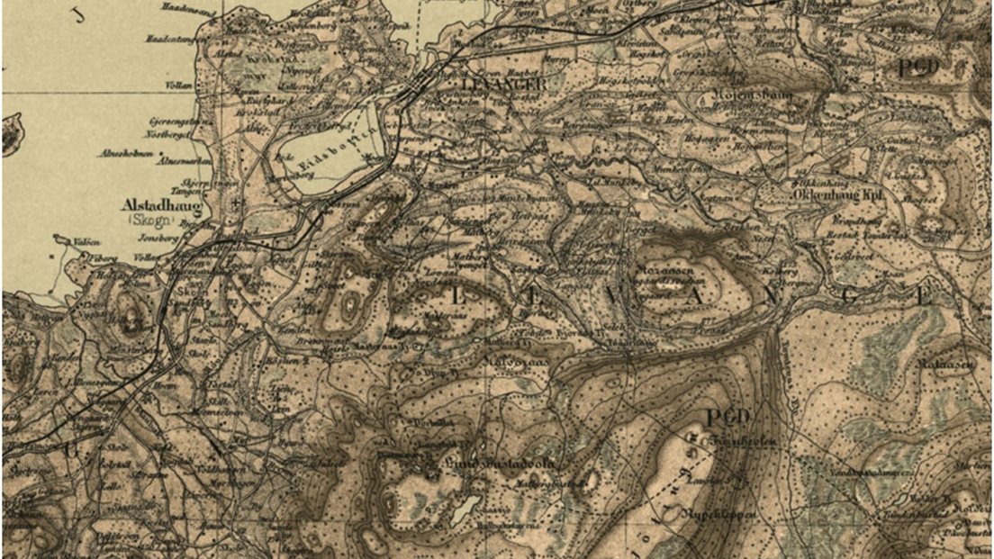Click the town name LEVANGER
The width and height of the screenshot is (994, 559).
[503, 84]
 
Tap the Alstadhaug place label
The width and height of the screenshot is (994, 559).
[160, 205]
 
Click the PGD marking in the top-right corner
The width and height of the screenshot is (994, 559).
[917, 68]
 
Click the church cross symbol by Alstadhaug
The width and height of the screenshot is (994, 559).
[236, 204]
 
